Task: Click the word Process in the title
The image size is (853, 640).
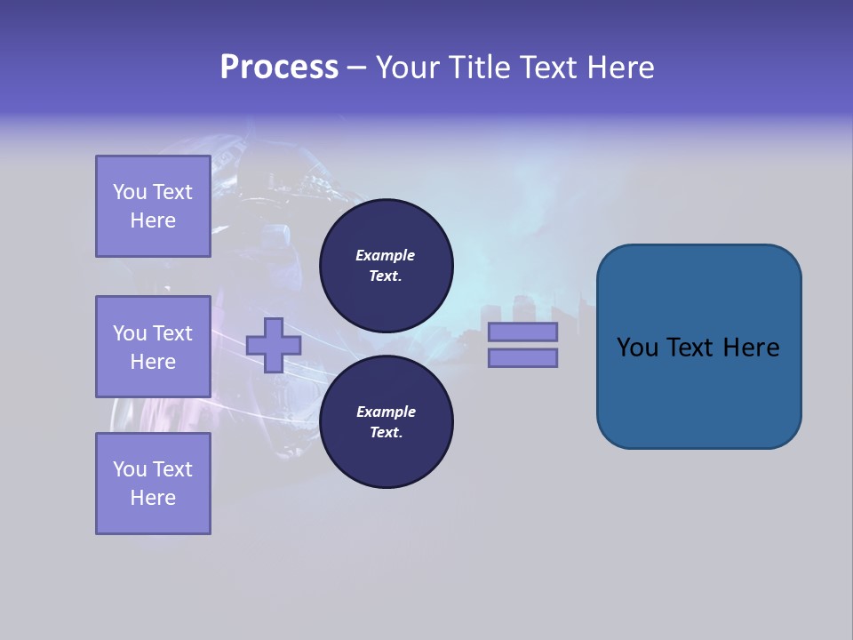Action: (x=279, y=68)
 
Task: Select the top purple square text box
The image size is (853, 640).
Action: (x=153, y=206)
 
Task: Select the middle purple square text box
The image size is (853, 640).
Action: (x=153, y=347)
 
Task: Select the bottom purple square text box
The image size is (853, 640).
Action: (x=153, y=484)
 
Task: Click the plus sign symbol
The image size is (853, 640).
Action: (x=274, y=345)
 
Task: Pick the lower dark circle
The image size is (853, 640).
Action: (x=387, y=421)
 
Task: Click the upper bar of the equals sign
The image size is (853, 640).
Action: (x=522, y=332)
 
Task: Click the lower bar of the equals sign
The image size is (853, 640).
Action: (x=522, y=358)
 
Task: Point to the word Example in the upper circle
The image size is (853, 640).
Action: (x=385, y=255)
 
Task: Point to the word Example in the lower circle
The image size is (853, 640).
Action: (x=386, y=412)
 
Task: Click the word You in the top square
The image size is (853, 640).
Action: (x=130, y=192)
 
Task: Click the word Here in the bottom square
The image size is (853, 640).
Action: (x=153, y=498)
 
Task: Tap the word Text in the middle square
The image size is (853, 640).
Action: (x=171, y=333)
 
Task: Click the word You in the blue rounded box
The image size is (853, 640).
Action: (x=637, y=348)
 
